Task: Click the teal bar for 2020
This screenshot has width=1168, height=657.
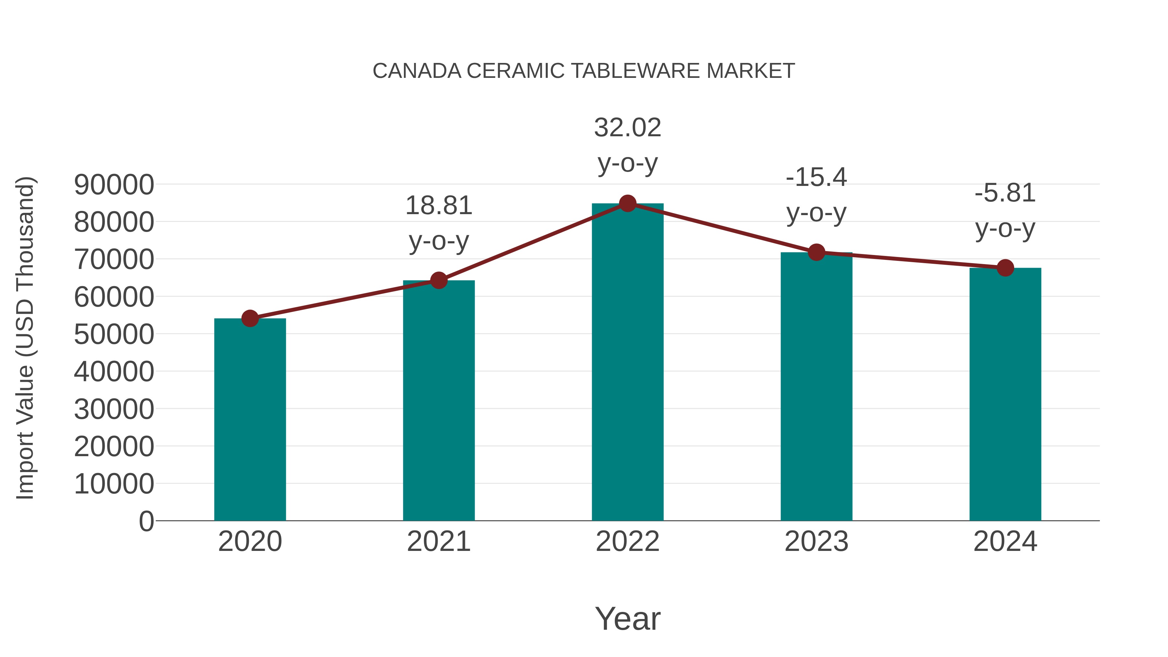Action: click(x=250, y=420)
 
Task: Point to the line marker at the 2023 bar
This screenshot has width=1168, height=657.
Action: click(x=816, y=252)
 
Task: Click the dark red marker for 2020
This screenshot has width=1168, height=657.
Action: click(x=250, y=318)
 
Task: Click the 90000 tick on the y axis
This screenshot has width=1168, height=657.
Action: click(x=114, y=185)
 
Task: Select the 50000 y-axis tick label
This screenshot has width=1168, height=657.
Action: click(x=114, y=334)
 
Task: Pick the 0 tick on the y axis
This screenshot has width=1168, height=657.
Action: click(x=146, y=521)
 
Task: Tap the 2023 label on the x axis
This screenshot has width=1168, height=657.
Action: click(x=816, y=541)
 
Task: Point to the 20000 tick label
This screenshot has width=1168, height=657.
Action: click(x=114, y=447)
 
